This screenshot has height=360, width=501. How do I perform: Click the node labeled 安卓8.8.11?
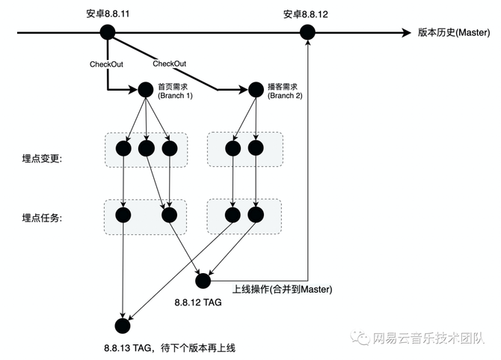pyautogui.click(x=108, y=32)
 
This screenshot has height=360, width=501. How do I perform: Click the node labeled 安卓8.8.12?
pyautogui.click(x=307, y=32)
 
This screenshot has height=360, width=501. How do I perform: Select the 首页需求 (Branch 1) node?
pyautogui.click(x=145, y=90)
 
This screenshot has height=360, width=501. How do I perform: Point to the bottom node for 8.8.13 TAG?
pyautogui.click(x=123, y=326)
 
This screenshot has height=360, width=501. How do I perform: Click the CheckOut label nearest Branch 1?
pyautogui.click(x=106, y=64)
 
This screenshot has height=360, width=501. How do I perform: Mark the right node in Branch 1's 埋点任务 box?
pyautogui.click(x=170, y=216)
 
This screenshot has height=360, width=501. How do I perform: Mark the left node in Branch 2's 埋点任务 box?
pyautogui.click(x=233, y=216)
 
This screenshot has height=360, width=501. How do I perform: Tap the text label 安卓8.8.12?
pyautogui.click(x=307, y=13)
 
